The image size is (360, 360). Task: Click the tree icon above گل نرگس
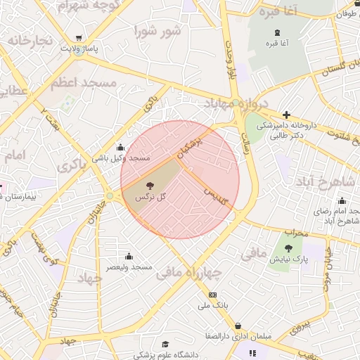tap(149, 186)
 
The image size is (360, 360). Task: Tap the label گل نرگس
tap(151, 198)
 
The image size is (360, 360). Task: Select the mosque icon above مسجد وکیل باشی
tap(121, 148)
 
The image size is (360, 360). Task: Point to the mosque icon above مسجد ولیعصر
tap(129, 257)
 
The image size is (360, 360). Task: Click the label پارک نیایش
tap(288, 259)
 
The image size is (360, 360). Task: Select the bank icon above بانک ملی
tap(213, 295)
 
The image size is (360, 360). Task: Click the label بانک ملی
tap(214, 305)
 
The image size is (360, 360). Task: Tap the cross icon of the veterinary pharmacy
tap(286, 115)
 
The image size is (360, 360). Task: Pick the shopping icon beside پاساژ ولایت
tap(79, 38)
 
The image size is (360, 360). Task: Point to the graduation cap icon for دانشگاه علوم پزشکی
tap(165, 344)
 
